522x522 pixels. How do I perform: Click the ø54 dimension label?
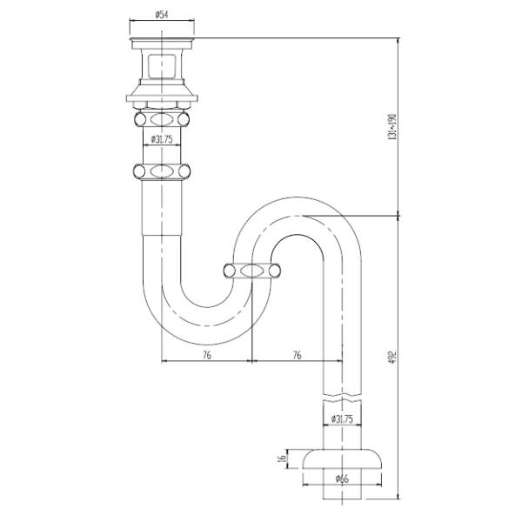(x=162, y=15)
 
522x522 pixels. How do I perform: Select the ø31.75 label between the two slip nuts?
(x=164, y=139)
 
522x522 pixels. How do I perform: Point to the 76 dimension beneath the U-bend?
(x=206, y=355)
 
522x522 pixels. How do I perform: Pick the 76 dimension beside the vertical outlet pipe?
(x=297, y=355)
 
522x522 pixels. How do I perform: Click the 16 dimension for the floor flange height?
(x=281, y=458)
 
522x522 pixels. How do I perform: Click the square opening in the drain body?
(x=162, y=66)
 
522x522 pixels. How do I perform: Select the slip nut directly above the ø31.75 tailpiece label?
(x=162, y=117)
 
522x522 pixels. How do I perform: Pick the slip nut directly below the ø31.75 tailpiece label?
(x=162, y=171)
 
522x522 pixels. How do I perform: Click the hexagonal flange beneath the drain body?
(x=162, y=94)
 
